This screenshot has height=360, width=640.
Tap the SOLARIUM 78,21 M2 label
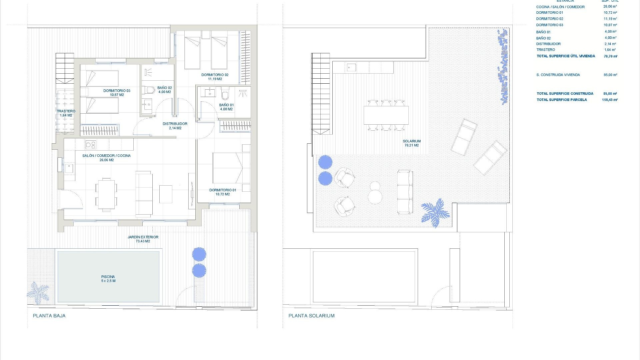(411, 143)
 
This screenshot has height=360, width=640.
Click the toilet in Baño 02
(149, 90)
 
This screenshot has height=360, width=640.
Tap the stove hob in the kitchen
(91, 145)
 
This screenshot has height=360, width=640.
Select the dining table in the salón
(106, 194)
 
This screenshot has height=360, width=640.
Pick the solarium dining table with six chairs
(386, 115)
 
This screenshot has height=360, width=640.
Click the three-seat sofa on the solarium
(405, 192)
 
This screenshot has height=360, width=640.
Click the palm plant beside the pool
(37, 293)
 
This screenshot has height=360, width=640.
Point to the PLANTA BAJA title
(49, 316)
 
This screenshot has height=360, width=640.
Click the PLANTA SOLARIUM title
(311, 316)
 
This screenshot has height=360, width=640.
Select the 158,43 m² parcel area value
(610, 100)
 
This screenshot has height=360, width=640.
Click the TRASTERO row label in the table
(546, 50)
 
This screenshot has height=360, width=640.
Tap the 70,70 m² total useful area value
(610, 56)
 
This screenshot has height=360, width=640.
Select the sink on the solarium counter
(351, 68)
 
